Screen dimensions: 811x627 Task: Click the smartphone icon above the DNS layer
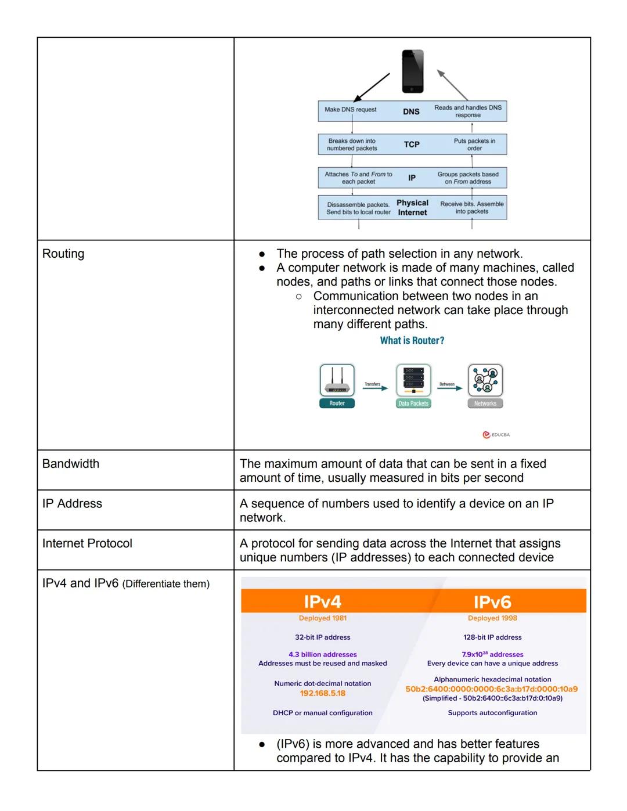coord(413,71)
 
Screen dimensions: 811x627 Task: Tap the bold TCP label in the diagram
coord(412,145)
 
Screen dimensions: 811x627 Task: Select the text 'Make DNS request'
coord(350,110)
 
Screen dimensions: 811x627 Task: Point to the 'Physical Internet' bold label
coord(412,208)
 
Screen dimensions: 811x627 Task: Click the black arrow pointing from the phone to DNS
coord(372,88)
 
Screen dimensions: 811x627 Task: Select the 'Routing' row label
coord(63,254)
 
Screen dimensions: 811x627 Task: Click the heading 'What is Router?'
coord(412,341)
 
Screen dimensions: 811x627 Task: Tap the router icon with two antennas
coord(337,381)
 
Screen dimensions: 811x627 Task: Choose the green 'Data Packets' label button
coord(413,403)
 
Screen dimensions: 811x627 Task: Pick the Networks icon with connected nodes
coord(485,380)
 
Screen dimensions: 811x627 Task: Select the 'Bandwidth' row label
coord(71,464)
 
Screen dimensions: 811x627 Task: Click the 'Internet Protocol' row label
coord(87,543)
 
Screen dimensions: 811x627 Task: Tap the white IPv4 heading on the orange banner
coord(322,601)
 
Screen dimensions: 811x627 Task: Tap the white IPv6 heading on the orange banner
coord(492,602)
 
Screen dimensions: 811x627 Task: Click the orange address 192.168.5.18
coord(322,693)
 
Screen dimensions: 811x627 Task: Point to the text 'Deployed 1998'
coord(492,618)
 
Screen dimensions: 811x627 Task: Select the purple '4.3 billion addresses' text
coord(322,654)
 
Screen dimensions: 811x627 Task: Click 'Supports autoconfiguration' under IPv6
coord(492,713)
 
